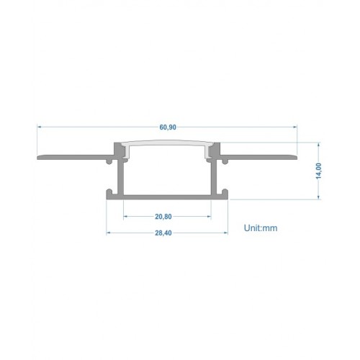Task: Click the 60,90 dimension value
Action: tap(168, 127)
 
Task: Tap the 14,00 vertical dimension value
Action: tap(318, 171)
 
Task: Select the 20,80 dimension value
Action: tap(163, 217)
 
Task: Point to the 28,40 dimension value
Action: tap(163, 233)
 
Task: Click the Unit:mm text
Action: tap(261, 228)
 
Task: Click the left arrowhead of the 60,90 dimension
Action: tap(39, 127)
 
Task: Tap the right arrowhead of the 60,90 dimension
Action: tap(295, 127)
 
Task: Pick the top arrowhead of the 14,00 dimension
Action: tap(318, 145)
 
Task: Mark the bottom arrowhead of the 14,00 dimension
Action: tap(318, 197)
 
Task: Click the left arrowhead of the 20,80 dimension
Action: tap(125, 217)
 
